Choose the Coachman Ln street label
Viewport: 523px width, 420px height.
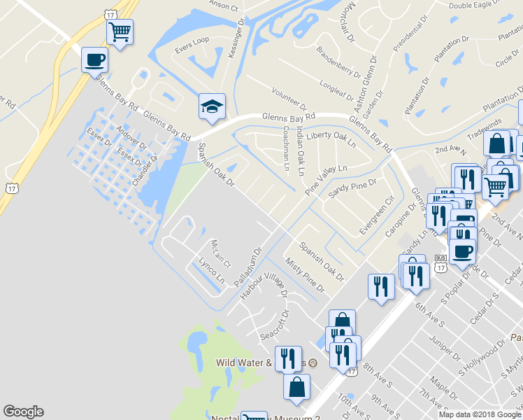point(286,148)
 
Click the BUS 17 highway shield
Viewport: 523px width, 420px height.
point(440,262)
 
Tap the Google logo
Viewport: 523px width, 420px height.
point(24,412)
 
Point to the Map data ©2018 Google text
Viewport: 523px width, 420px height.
point(479,414)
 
